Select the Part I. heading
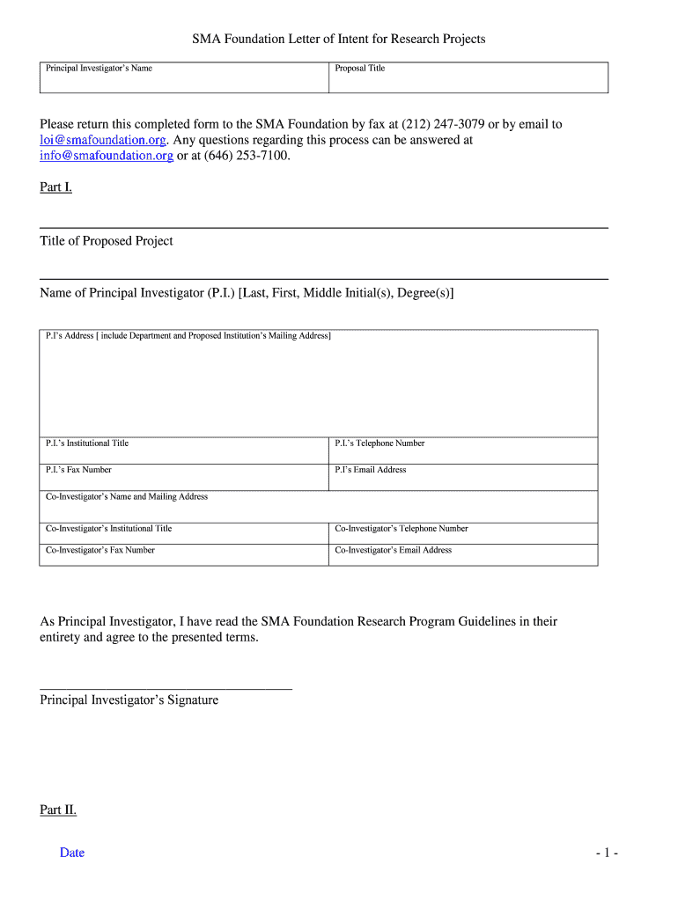(55, 187)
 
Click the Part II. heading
(58, 809)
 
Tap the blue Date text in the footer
(72, 853)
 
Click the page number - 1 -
(607, 853)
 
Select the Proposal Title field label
(360, 69)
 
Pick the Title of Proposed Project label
(107, 241)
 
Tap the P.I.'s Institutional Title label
(87, 443)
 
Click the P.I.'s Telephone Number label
(380, 443)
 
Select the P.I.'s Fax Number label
(78, 470)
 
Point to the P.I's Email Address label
(371, 470)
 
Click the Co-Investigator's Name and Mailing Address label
(127, 497)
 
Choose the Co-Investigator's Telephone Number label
(402, 529)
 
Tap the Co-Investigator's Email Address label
(394, 550)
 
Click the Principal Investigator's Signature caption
(129, 700)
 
